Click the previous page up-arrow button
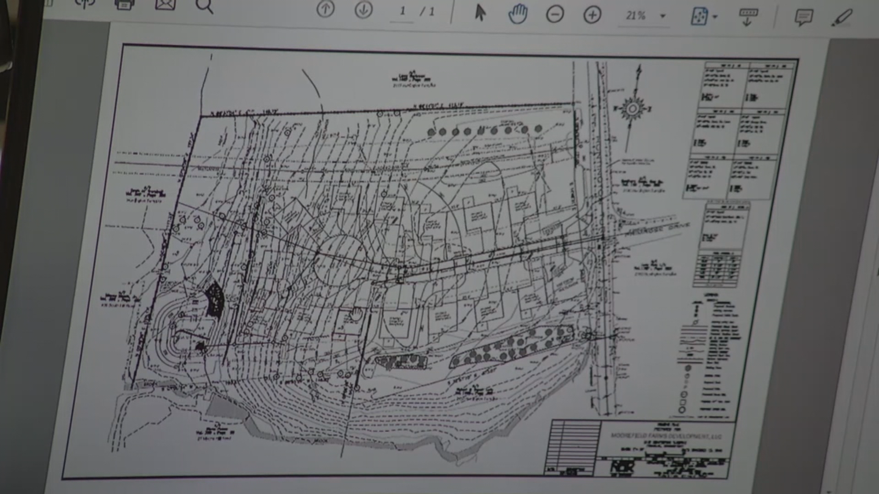tap(326, 10)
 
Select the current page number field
tap(402, 11)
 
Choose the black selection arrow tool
tap(480, 13)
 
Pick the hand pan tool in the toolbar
tap(518, 14)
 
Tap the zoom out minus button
tap(555, 15)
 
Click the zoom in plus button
tap(592, 16)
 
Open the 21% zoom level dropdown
tap(662, 16)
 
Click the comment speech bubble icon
tap(803, 18)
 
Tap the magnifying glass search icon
tap(204, 6)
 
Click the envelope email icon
tap(165, 5)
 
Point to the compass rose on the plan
tap(633, 109)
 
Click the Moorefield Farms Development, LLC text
tap(666, 436)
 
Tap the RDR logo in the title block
tap(622, 467)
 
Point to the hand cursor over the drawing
tap(356, 314)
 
